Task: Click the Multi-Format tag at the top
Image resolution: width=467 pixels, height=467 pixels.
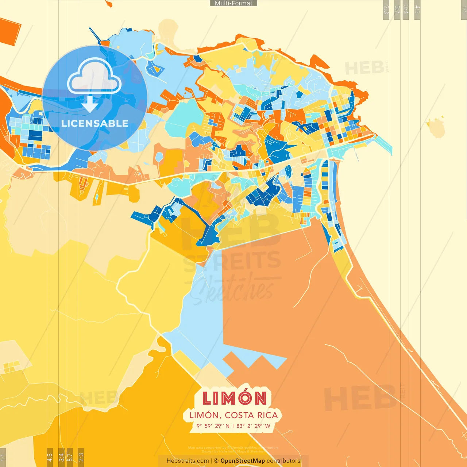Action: click(x=233, y=3)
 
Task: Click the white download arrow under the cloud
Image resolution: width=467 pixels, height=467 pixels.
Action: click(x=90, y=105)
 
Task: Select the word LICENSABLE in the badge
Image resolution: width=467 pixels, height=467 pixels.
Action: click(x=95, y=123)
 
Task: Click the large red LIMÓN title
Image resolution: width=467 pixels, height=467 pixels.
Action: click(x=234, y=398)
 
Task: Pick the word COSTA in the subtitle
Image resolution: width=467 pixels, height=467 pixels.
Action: click(x=239, y=415)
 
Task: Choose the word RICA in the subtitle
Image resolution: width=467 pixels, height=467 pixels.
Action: click(x=267, y=415)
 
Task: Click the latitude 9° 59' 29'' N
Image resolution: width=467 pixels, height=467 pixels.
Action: click(x=213, y=426)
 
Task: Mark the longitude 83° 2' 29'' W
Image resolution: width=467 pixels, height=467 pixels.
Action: click(x=254, y=426)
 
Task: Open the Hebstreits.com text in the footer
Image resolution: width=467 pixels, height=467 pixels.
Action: click(x=188, y=461)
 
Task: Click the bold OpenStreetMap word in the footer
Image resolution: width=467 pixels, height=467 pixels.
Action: click(x=243, y=461)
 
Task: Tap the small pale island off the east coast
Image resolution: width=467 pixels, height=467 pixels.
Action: click(x=436, y=128)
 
